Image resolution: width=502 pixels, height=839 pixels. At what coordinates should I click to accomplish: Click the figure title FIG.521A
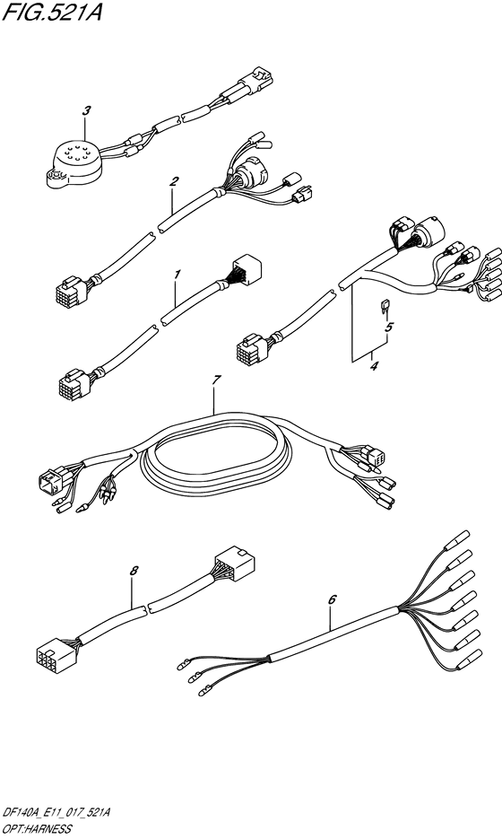pos(51,12)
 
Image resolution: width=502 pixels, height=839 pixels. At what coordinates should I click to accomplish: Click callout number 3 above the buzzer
pos(86,111)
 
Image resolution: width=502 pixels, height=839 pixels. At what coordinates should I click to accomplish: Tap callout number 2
pos(173,181)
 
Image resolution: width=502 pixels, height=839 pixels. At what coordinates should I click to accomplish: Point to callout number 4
pos(374,366)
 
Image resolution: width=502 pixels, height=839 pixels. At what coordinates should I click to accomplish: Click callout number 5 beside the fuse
pos(389,326)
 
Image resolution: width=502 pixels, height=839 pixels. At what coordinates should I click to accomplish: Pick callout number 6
pos(332,599)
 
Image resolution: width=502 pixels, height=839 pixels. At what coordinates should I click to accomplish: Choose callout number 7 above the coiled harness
pos(216,380)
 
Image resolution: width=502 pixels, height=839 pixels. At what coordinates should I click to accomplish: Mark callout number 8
pos(134,571)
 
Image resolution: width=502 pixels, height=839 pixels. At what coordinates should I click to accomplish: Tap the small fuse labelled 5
pos(384,307)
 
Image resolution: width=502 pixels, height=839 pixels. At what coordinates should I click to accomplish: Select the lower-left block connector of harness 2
pos(71,290)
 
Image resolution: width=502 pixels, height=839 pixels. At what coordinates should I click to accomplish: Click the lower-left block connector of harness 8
pos(56,657)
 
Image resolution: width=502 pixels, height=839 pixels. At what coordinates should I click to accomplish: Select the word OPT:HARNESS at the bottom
pos(37,829)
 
